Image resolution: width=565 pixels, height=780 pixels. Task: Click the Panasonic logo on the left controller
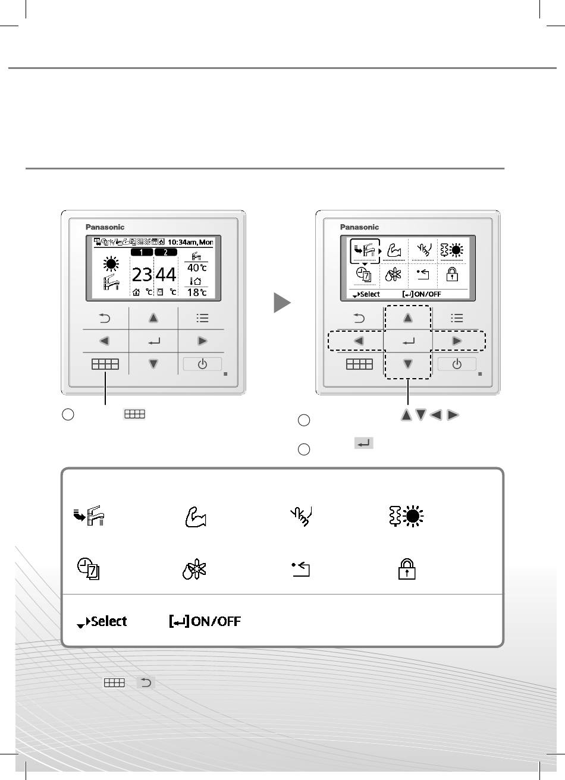[105, 227]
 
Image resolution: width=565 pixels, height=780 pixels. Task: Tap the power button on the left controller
[202, 364]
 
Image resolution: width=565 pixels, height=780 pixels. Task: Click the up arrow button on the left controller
[153, 318]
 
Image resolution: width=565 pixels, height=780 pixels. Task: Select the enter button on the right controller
[408, 341]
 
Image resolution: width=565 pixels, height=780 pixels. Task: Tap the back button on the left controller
[105, 318]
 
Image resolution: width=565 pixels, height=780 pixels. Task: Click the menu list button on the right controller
[457, 318]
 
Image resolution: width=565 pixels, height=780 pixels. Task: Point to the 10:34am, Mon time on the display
[190, 242]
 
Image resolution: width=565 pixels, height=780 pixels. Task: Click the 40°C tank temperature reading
[197, 268]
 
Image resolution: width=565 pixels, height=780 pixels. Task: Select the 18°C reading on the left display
[197, 292]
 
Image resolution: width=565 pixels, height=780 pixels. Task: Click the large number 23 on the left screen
[142, 275]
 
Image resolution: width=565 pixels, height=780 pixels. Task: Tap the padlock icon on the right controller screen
[452, 275]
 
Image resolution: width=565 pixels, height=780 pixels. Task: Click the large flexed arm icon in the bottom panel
[196, 517]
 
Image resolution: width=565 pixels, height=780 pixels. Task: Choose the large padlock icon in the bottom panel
[407, 569]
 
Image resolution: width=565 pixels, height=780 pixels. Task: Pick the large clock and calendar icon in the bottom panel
[89, 569]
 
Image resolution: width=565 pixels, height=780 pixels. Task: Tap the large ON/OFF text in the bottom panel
[216, 621]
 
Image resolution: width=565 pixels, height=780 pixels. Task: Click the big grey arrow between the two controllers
[282, 303]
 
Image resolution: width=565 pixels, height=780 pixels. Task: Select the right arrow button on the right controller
[457, 341]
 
